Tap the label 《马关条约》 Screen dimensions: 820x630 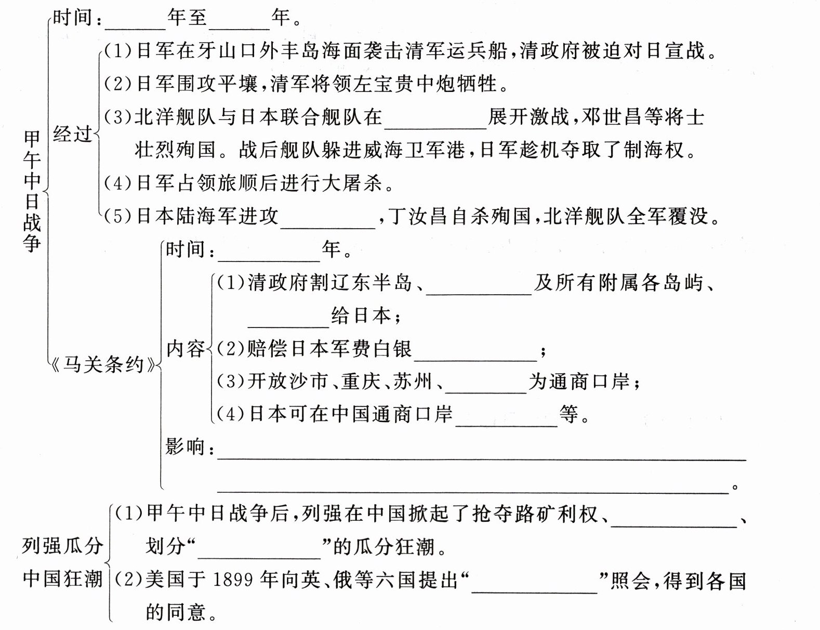pos(104,365)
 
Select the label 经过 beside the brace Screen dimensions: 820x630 pos(72,134)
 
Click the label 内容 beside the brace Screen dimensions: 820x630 pos(186,348)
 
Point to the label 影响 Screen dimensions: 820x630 pos(185,447)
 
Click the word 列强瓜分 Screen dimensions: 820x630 pos(62,546)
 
